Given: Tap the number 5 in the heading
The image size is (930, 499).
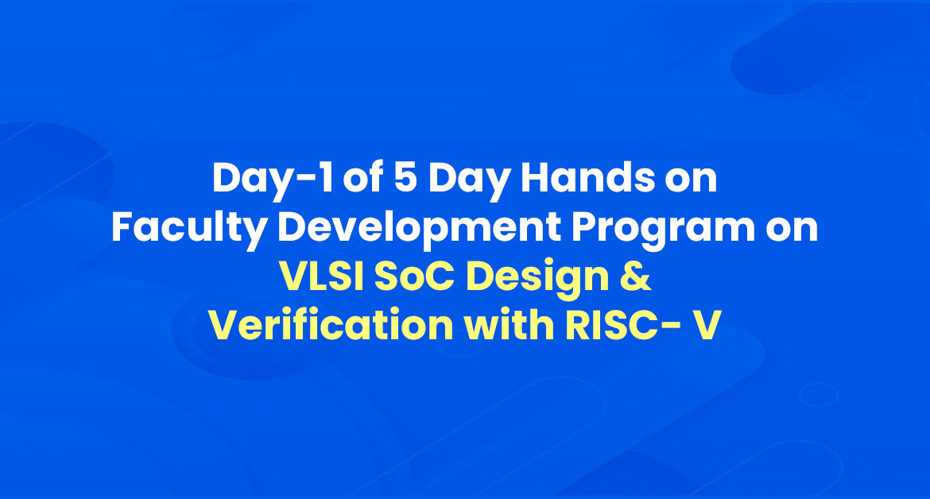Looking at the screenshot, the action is pos(405,177).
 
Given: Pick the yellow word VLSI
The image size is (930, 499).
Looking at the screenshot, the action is pos(321,277).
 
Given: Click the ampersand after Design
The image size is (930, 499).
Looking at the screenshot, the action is pos(637,277).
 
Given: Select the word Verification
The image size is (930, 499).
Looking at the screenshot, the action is pos(331,325).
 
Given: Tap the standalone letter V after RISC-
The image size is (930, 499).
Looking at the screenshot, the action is pos(707,325).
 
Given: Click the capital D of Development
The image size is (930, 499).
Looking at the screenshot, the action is pos(293,227).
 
